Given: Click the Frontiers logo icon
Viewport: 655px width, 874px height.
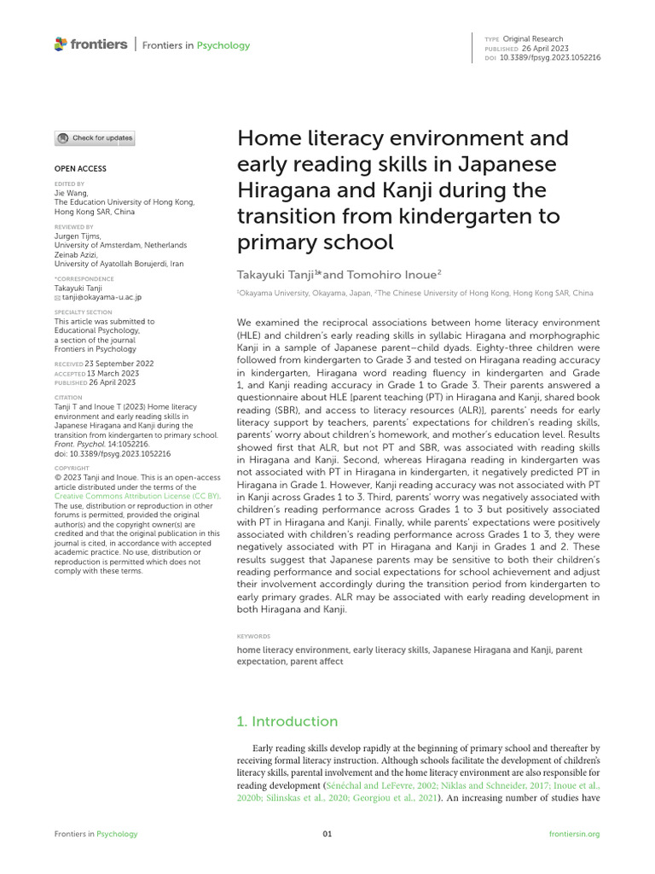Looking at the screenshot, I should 60,44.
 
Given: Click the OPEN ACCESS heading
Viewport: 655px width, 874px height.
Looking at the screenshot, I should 80,169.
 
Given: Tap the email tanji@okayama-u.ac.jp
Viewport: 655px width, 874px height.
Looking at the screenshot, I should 101,297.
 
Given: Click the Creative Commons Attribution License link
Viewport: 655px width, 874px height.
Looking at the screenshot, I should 136,496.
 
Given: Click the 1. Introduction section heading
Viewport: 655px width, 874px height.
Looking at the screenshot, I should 287,721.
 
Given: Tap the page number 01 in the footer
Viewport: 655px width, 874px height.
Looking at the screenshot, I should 327,834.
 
